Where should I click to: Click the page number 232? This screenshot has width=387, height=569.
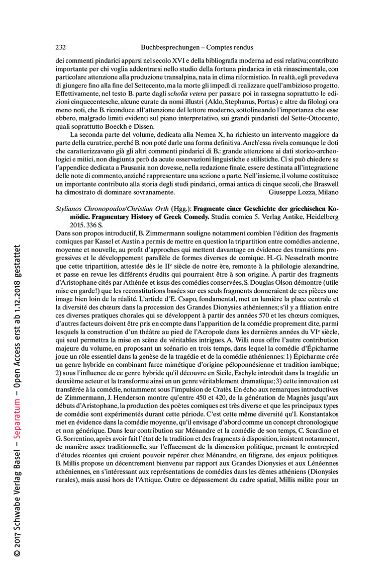tap(60, 47)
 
